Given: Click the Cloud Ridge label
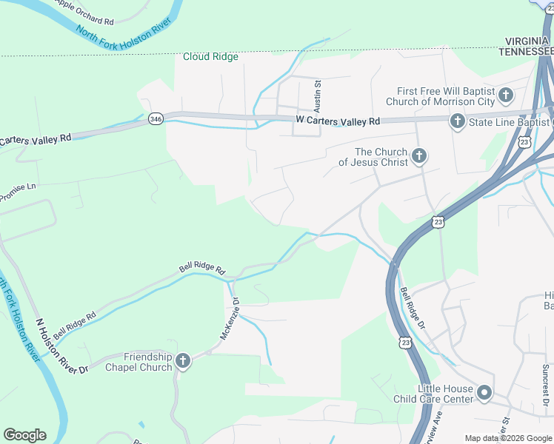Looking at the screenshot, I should click(211, 56).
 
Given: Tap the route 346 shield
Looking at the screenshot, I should click(155, 119).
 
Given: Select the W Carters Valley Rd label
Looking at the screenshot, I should click(337, 120).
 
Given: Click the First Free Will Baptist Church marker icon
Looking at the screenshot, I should click(506, 95).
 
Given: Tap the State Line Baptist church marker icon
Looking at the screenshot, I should click(457, 120).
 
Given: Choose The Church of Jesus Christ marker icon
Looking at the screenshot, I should click(419, 155).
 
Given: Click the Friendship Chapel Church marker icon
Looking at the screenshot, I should click(183, 360).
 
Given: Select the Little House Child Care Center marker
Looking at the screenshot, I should click(484, 392).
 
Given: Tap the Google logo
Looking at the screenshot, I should click(24, 435).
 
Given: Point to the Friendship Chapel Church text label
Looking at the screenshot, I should click(138, 362).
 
